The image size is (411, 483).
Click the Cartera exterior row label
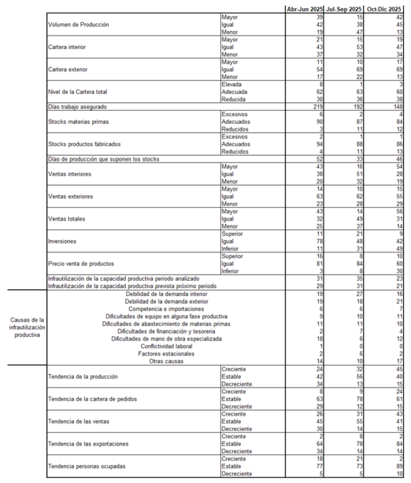(68, 69)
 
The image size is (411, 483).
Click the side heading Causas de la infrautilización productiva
(26, 327)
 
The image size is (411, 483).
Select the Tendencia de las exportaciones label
(89, 444)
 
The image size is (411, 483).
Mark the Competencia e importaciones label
(167, 308)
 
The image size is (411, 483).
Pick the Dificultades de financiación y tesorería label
(167, 331)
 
